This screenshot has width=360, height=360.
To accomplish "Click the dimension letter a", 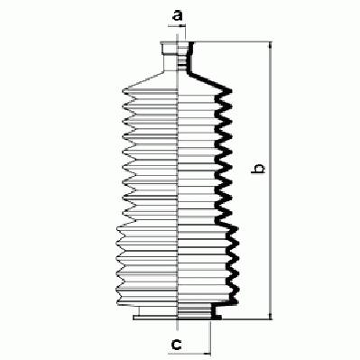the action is pos(178,15).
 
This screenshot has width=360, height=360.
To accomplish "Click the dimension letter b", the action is pos(258,169).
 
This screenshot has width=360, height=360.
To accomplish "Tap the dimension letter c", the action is pos(176,344).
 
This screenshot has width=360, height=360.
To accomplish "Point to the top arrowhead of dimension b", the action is pos(271,45).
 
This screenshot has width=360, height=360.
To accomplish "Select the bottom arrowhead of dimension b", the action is pos(271,316).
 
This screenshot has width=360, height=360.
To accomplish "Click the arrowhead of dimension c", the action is pos(208,354).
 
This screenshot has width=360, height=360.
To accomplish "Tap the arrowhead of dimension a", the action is pos(183,26).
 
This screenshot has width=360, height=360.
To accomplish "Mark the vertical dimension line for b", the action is pos(271,180).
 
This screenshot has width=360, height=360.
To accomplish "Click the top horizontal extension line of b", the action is pos(233,42).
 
